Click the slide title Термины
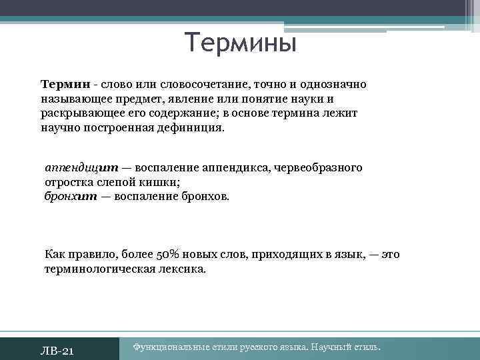pyautogui.click(x=240, y=43)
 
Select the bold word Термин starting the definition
pyautogui.click(x=65, y=85)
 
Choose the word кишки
pyautogui.click(x=159, y=182)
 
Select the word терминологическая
pyautogui.click(x=101, y=269)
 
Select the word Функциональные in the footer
pyautogui.click(x=173, y=347)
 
